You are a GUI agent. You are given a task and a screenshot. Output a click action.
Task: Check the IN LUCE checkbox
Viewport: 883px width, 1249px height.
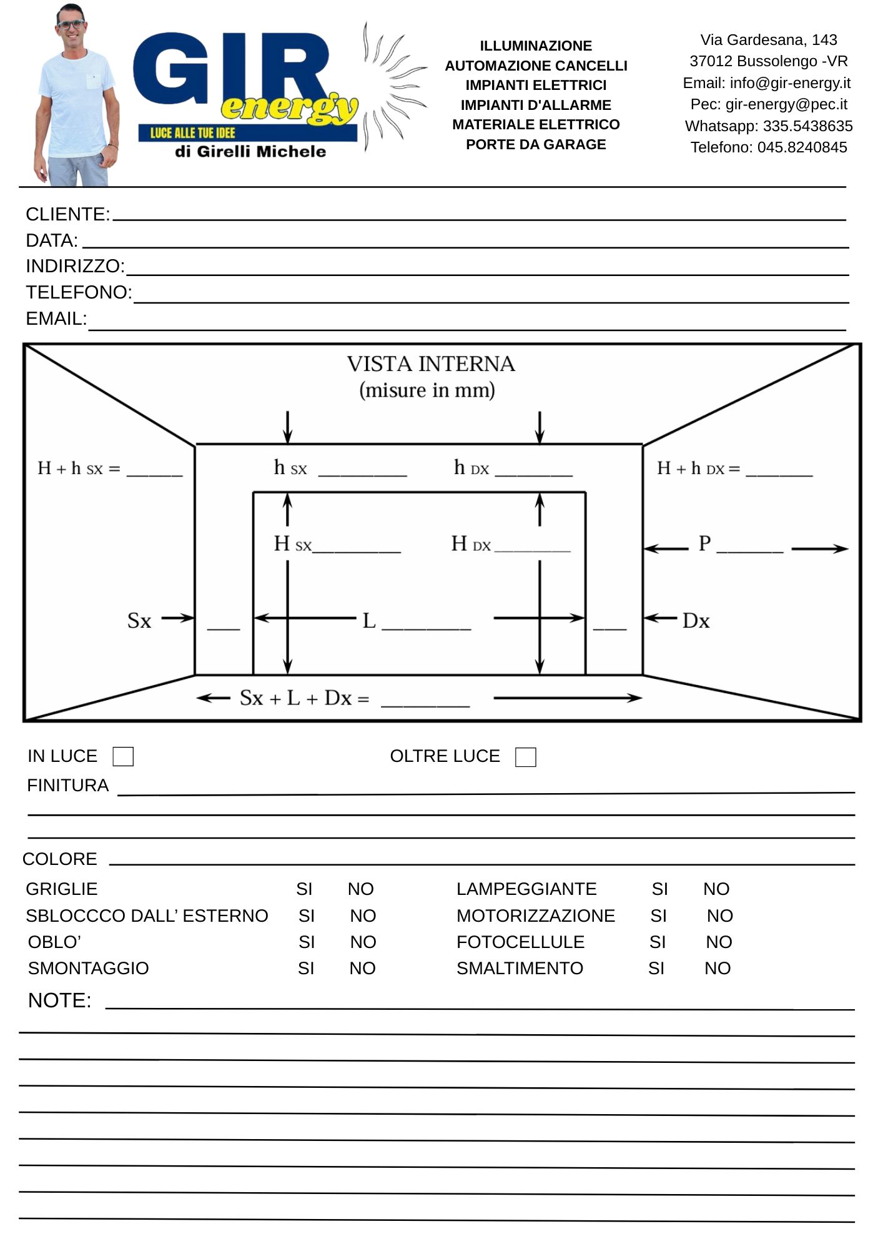coord(123,756)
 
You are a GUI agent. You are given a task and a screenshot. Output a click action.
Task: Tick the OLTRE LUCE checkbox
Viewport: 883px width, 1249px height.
coord(525,757)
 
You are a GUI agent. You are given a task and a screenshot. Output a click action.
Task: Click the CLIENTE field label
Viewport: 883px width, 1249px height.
coord(67,214)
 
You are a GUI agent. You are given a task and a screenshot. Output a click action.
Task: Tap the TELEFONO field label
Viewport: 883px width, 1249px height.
coord(79,292)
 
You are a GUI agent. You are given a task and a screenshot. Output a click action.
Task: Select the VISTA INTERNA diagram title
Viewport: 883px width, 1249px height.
coord(431,364)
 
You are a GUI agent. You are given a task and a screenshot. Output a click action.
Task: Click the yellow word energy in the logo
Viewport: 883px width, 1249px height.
coord(289,108)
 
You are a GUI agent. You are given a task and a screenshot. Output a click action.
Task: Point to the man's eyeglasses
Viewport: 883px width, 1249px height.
coord(71,24)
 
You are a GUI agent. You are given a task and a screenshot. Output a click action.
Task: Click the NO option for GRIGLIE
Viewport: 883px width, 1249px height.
coord(360,889)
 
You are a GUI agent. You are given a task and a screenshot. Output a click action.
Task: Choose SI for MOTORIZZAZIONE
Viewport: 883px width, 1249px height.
coord(658,916)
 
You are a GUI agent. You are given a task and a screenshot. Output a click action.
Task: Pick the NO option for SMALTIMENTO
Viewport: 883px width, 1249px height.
coord(717,968)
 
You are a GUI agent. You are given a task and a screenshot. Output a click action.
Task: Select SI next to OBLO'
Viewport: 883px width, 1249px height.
coord(306,942)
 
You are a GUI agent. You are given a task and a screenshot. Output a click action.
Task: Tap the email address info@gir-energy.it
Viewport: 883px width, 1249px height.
coord(790,83)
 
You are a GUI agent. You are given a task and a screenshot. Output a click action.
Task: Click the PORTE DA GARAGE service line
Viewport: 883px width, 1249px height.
coord(536,144)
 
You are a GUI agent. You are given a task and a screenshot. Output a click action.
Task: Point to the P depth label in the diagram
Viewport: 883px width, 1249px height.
coord(704,543)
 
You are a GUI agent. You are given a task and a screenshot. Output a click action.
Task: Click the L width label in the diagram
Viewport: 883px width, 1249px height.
coord(369,621)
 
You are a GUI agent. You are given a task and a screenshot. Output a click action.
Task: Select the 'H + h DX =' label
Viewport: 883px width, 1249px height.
coord(698,468)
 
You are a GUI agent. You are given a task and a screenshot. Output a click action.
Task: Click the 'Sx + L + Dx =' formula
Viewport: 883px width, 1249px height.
coord(304,698)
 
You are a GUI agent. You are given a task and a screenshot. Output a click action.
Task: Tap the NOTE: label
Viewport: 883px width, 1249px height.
coord(59,1000)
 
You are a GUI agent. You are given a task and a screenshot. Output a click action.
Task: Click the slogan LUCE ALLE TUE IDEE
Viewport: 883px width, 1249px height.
coord(192,133)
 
